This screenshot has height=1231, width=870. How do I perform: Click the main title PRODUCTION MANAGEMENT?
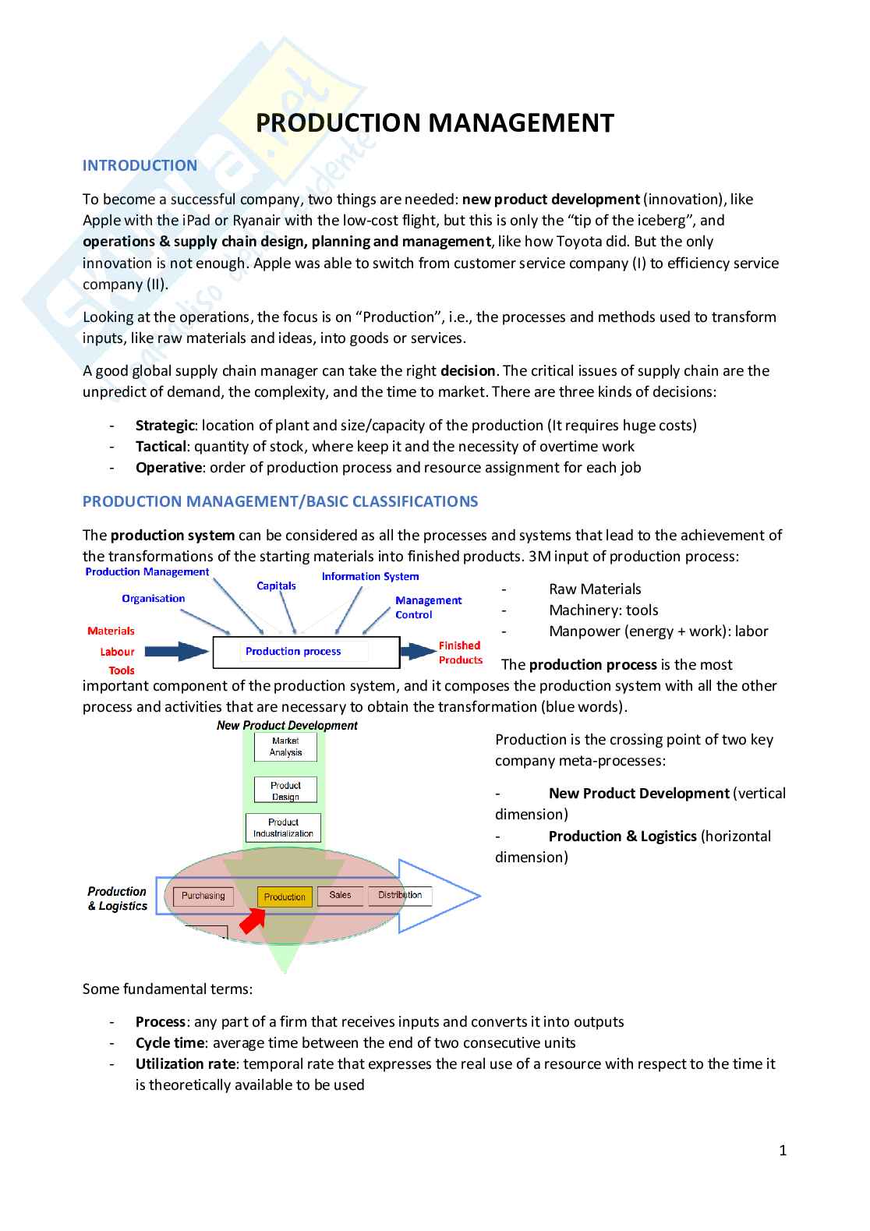[434, 123]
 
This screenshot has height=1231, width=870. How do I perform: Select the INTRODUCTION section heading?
[140, 165]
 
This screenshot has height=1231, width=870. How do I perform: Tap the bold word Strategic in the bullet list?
[164, 425]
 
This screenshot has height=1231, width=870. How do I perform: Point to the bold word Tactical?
[161, 446]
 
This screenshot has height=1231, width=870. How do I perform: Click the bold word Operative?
[168, 467]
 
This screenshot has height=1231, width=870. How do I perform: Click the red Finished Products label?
[460, 653]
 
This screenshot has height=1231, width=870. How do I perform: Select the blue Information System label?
[370, 576]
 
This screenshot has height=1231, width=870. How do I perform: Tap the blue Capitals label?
[276, 585]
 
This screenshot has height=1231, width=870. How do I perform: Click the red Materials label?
[111, 631]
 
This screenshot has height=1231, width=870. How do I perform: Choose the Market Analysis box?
[285, 747]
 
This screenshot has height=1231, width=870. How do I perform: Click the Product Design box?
[285, 791]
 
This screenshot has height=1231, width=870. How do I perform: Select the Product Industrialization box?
[283, 828]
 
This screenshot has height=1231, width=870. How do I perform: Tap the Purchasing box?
[203, 896]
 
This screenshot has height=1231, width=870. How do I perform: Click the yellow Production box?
[285, 897]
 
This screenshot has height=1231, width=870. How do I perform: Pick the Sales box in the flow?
[340, 895]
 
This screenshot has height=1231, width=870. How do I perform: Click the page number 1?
[783, 1150]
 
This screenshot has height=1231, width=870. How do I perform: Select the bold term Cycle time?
[169, 1042]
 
